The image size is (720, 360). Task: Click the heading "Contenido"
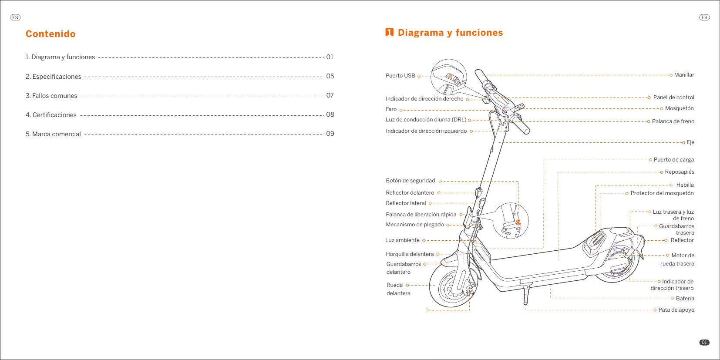[50, 34]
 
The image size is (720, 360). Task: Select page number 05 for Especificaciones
[330, 76]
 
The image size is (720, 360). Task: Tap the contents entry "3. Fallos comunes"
[51, 96]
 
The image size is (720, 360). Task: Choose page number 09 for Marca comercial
[330, 134]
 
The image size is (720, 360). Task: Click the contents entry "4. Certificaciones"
[51, 115]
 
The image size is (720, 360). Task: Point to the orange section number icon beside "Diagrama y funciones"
[389, 33]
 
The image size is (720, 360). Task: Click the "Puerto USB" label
[400, 76]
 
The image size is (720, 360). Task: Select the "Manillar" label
[684, 75]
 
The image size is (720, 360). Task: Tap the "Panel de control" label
[673, 98]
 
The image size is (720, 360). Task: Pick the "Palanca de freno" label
[673, 121]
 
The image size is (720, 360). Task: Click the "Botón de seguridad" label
[410, 181]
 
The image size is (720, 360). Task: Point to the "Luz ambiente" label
[402, 240]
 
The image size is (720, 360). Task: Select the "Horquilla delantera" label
[410, 254]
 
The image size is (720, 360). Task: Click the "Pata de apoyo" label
[676, 310]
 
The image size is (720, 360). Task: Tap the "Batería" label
[685, 299]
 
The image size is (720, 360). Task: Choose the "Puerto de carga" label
[673, 160]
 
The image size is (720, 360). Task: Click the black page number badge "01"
[704, 343]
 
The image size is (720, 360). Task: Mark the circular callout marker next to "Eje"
[683, 142]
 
